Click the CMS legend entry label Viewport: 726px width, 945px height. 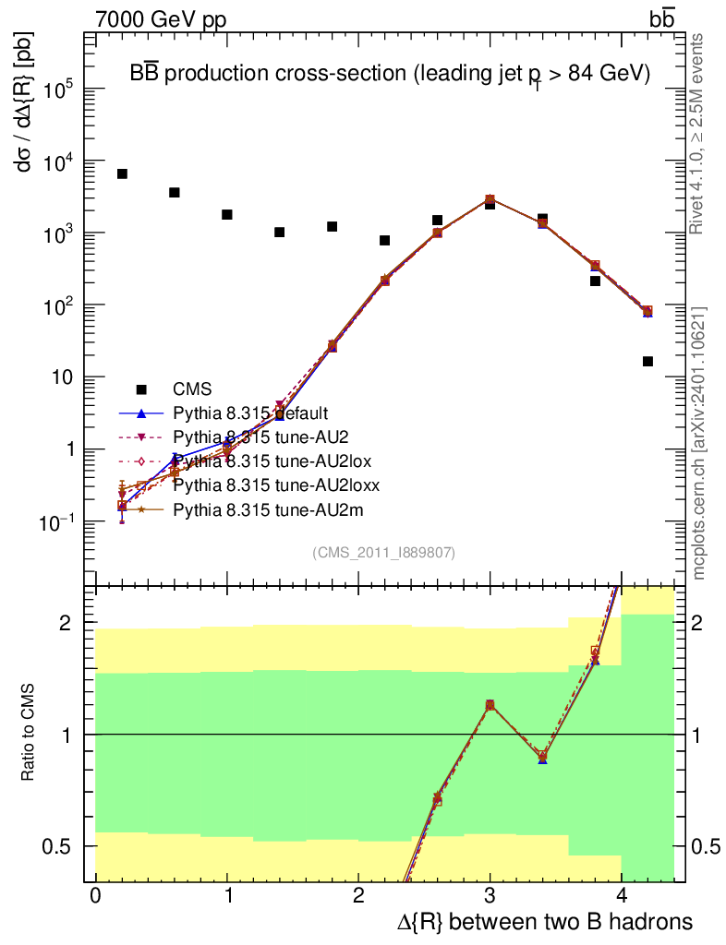tap(193, 389)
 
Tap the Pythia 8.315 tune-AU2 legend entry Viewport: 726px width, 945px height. tap(243, 437)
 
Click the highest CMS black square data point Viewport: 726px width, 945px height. tap(122, 173)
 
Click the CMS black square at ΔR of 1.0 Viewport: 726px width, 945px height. tap(227, 214)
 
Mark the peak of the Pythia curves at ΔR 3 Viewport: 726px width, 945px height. tap(490, 199)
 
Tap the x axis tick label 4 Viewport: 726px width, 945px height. tap(622, 896)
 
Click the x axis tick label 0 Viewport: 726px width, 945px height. tap(95, 896)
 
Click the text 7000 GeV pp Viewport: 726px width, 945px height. tap(160, 19)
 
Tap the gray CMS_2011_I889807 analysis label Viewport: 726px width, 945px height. tap(383, 552)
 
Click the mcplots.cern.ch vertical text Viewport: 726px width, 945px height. tap(699, 443)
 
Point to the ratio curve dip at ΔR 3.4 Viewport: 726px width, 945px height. tap(542, 758)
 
